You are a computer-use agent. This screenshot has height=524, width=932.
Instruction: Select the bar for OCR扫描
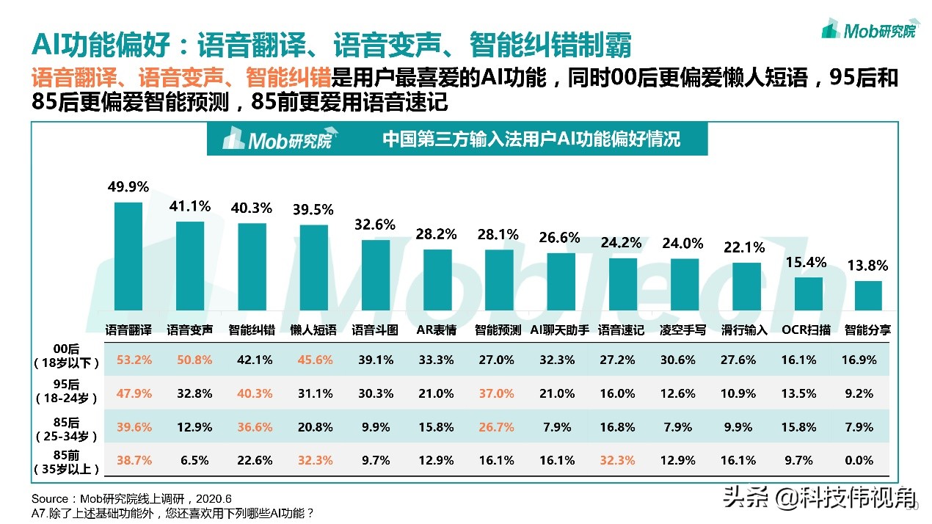pyautogui.click(x=809, y=294)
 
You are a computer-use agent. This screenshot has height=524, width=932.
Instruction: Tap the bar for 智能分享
pyautogui.click(x=867, y=296)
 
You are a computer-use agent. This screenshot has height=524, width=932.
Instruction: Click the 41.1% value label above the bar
pyautogui.click(x=190, y=206)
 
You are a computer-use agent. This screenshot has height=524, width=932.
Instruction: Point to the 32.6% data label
pyautogui.click(x=374, y=225)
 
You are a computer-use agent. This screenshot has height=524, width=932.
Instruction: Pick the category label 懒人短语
pyautogui.click(x=313, y=330)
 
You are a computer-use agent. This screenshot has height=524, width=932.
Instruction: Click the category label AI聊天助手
pyautogui.click(x=560, y=330)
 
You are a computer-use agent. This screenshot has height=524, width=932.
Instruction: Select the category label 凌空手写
pyautogui.click(x=683, y=330)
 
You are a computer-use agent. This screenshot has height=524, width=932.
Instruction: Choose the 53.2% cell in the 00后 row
pyautogui.click(x=134, y=360)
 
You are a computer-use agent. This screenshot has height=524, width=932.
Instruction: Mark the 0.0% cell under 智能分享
pyautogui.click(x=859, y=461)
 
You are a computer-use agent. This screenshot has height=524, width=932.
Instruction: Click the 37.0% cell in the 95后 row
pyautogui.click(x=496, y=393)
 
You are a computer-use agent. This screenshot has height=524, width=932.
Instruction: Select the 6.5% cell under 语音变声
pyautogui.click(x=194, y=461)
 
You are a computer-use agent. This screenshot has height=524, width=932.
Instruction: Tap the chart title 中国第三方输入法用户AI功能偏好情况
pyautogui.click(x=531, y=139)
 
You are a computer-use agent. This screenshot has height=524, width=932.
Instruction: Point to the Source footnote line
pyautogui.click(x=126, y=498)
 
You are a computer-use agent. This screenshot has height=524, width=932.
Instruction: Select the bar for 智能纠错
pyautogui.click(x=252, y=266)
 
